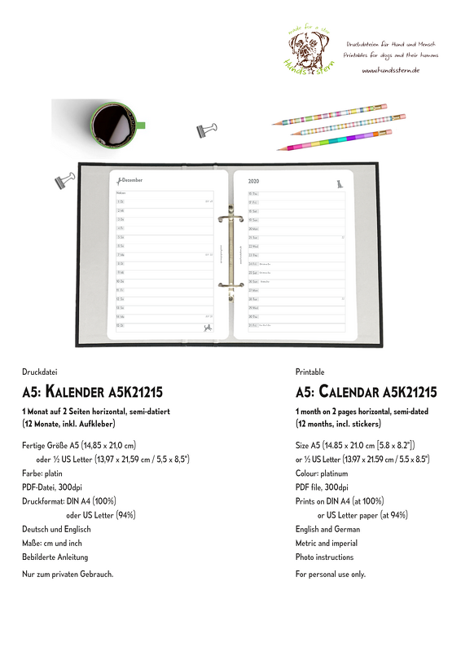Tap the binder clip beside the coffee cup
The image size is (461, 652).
click(206, 130)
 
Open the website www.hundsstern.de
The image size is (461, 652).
click(390, 71)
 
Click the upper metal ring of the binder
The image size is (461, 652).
click(228, 218)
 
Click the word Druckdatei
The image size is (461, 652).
click(40, 371)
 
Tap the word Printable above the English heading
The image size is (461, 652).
click(310, 371)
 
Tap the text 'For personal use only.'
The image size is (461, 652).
click(330, 574)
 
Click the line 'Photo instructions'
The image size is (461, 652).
click(324, 557)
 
